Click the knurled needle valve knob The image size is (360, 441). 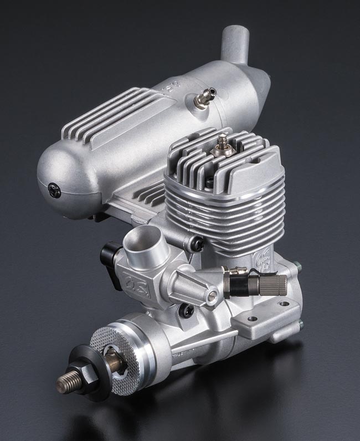(274, 284)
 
